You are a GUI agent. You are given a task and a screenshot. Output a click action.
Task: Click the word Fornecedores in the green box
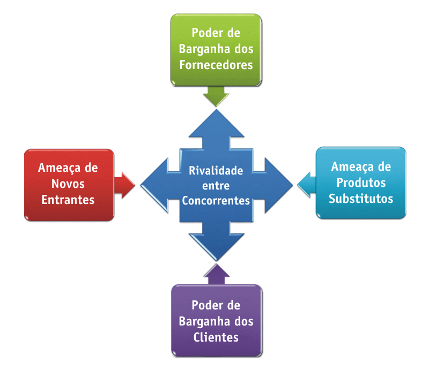pyautogui.click(x=216, y=65)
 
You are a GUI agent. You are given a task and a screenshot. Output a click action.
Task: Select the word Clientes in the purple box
pyautogui.click(x=216, y=337)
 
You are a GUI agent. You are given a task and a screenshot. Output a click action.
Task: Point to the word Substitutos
pyautogui.click(x=361, y=199)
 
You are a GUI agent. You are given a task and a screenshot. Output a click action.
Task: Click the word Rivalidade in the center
pyautogui.click(x=216, y=171)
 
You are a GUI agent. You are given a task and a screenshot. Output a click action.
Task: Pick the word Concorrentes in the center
pyautogui.click(x=216, y=201)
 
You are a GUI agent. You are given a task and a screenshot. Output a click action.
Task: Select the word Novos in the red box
pyautogui.click(x=68, y=184)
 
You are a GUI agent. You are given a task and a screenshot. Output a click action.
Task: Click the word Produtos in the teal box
pyautogui.click(x=361, y=183)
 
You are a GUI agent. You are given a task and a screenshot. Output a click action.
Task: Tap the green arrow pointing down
pyautogui.click(x=216, y=97)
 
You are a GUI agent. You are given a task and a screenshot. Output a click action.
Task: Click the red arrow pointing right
pyautogui.click(x=126, y=185)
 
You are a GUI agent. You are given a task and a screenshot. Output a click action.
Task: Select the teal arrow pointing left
pyautogui.click(x=304, y=185)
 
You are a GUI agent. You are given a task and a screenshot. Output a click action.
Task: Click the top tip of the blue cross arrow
pyautogui.click(x=216, y=111)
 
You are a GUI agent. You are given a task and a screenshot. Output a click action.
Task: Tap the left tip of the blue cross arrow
pyautogui.click(x=143, y=186)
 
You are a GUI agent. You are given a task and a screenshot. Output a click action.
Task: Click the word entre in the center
pyautogui.click(x=216, y=186)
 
